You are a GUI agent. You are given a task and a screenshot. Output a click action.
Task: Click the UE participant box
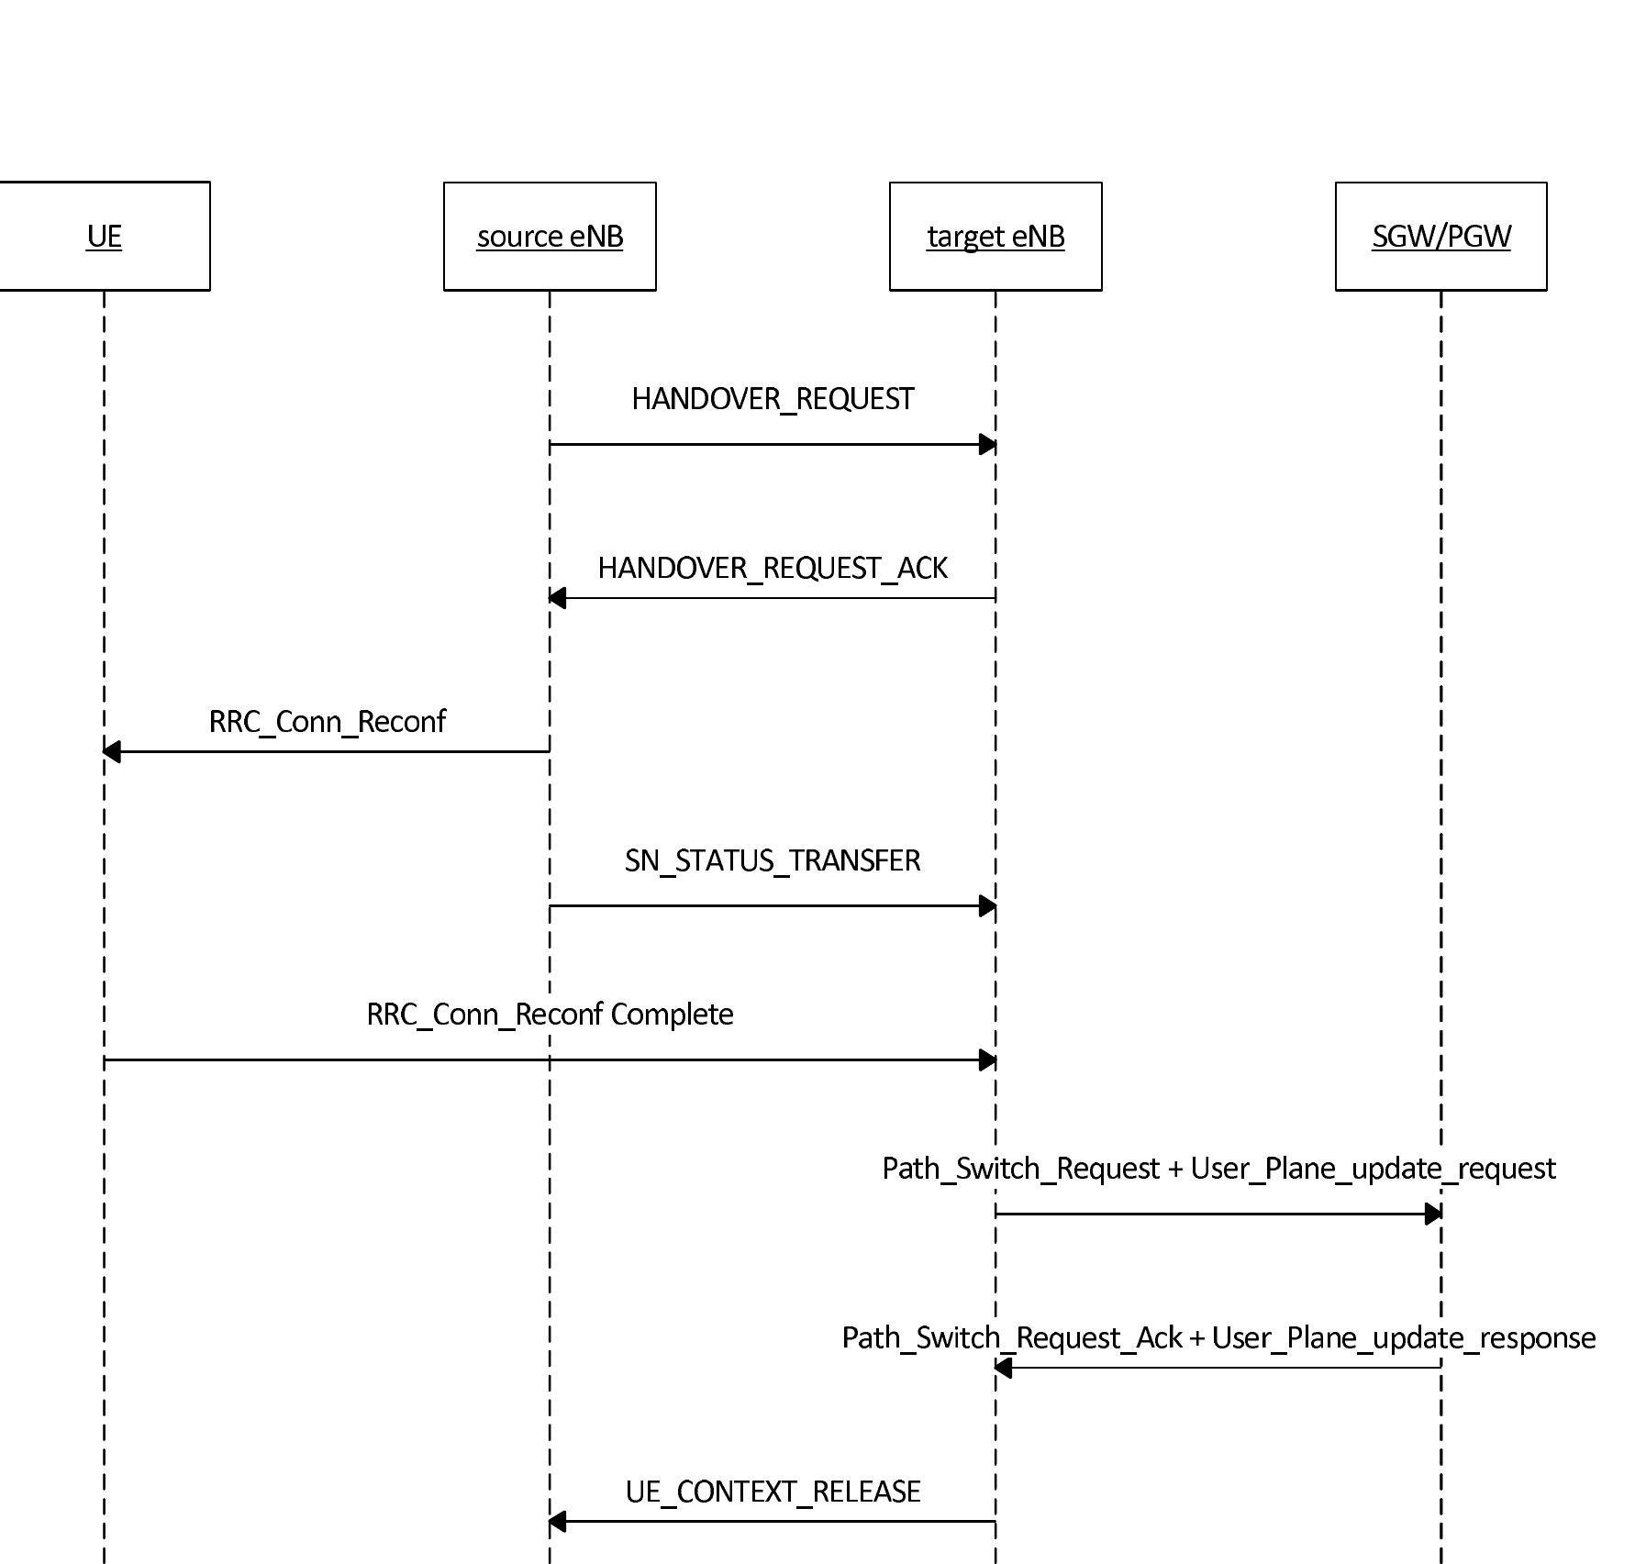(104, 236)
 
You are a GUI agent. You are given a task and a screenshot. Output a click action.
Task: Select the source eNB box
(550, 236)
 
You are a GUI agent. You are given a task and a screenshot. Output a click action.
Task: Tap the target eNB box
(995, 236)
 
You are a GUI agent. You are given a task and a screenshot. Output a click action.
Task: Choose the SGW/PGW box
(1440, 236)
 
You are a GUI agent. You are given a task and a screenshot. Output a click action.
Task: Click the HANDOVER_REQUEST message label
(773, 399)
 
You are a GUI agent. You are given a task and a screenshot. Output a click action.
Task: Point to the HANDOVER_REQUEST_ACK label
(773, 568)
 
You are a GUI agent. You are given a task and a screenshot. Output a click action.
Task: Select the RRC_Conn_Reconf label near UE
(327, 722)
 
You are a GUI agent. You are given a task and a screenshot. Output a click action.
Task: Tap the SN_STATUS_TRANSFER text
(773, 860)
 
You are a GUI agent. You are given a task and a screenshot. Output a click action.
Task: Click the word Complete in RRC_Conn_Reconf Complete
(672, 1015)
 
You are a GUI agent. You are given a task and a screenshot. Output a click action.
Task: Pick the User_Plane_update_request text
(1373, 1169)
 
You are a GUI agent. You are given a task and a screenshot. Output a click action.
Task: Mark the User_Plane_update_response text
(1403, 1338)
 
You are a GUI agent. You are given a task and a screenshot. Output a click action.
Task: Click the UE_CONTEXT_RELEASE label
(773, 1492)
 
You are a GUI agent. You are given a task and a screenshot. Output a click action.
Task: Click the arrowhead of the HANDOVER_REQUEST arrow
(987, 445)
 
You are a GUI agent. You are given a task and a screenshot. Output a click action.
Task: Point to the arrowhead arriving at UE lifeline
(112, 752)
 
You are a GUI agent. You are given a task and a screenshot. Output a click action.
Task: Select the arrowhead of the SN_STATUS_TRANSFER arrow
(987, 906)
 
